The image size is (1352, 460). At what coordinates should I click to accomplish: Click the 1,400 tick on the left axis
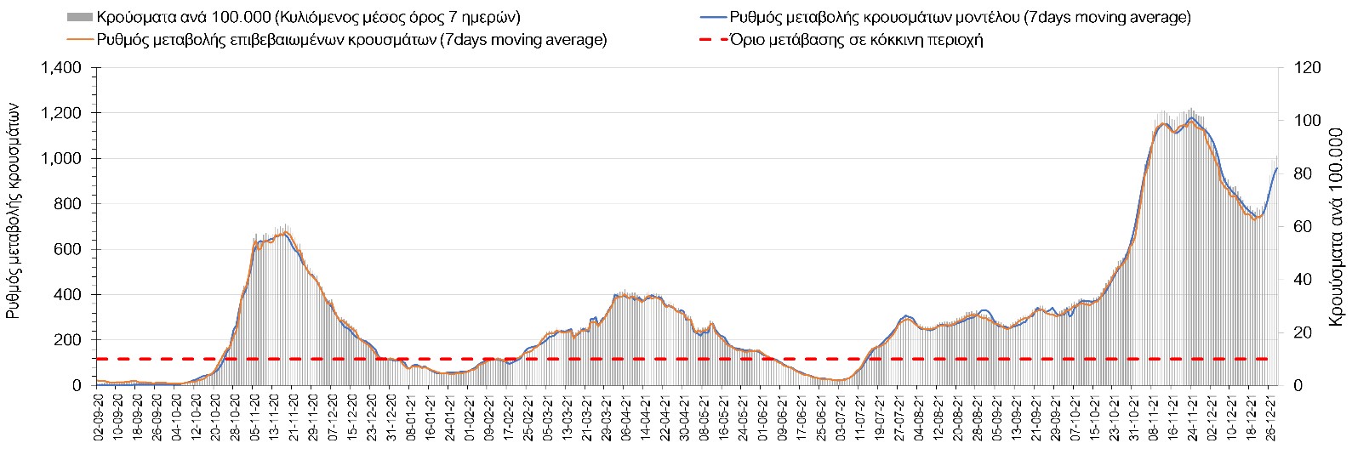[61, 68]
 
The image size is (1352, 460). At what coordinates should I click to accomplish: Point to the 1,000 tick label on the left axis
[61, 159]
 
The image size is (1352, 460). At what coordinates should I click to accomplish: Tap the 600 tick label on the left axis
[67, 249]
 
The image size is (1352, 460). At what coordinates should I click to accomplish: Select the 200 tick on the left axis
[67, 340]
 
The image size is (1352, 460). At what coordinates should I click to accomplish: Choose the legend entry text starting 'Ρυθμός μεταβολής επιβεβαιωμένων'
[351, 39]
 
